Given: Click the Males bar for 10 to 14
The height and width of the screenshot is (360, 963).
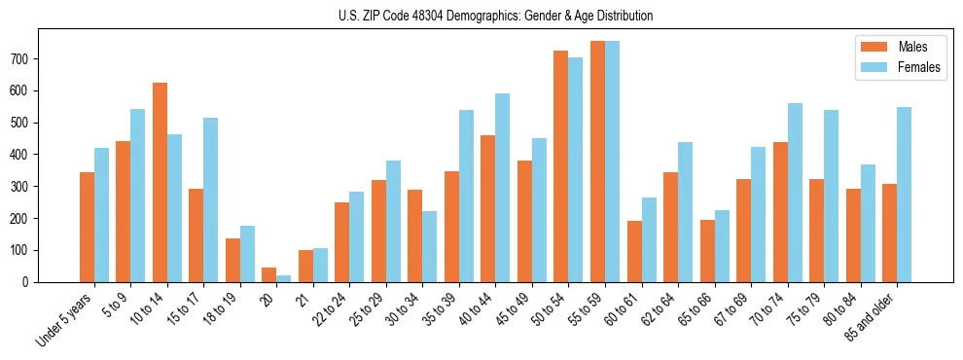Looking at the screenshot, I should pyautogui.click(x=160, y=182).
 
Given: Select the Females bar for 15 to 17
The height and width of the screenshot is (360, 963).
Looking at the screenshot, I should pyautogui.click(x=211, y=199).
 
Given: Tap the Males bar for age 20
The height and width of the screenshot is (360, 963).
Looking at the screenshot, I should pyautogui.click(x=269, y=274).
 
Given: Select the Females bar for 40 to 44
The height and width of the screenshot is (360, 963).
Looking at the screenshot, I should pyautogui.click(x=503, y=188).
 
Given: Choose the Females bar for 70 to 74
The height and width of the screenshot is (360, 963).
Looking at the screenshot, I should pyautogui.click(x=795, y=193).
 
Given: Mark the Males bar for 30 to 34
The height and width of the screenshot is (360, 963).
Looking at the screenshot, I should pyautogui.click(x=415, y=235).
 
